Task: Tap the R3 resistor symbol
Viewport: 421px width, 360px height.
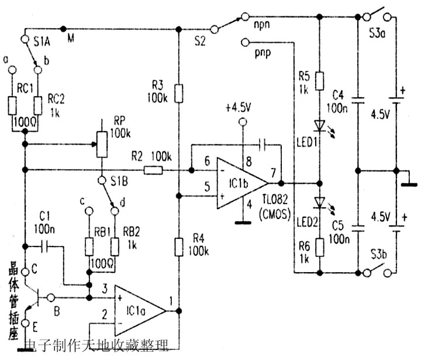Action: click(179, 93)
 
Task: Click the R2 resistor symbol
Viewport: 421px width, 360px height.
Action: click(153, 170)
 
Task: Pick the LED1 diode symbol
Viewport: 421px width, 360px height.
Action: click(319, 125)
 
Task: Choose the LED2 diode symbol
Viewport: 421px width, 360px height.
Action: click(319, 203)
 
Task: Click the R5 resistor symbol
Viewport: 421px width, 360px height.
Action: click(319, 81)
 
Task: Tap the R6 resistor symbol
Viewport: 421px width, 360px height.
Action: click(319, 246)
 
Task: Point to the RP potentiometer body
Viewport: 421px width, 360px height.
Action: click(101, 143)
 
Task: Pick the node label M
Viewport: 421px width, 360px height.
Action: click(71, 39)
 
